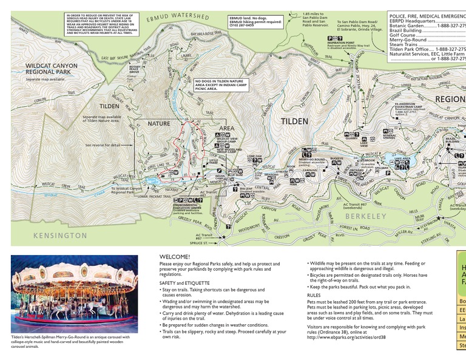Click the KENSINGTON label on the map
point(61,235)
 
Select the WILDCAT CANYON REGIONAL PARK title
point(52,69)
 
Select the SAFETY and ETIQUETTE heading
point(184,283)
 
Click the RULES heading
point(314,295)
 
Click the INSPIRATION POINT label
point(340,42)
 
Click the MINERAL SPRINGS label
point(401,137)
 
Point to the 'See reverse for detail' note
point(103,145)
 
